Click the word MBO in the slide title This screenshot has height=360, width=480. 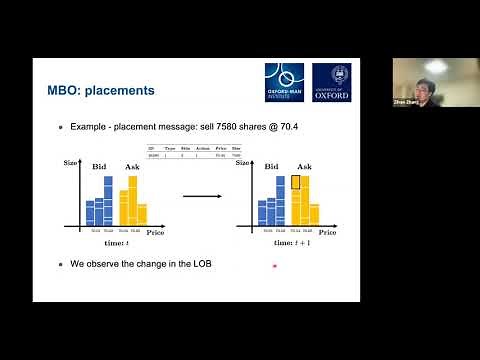pyautogui.click(x=65, y=91)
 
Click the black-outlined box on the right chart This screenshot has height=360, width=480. pyautogui.click(x=296, y=183)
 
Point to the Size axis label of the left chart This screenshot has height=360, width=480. pyautogui.click(x=71, y=162)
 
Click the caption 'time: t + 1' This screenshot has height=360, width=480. pyautogui.click(x=284, y=242)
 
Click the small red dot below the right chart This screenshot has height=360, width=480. pyautogui.click(x=275, y=266)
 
